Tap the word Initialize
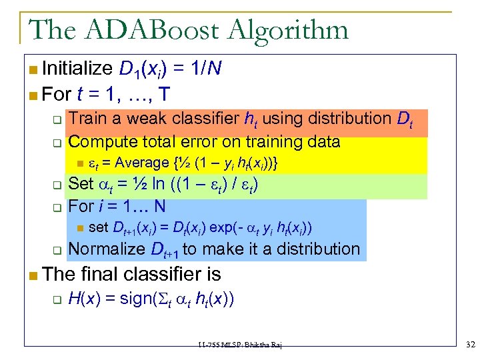77,68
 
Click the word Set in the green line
81,183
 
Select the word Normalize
107,249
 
